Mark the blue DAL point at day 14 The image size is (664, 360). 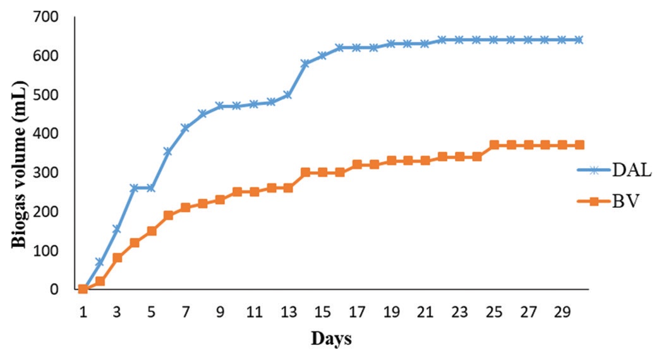click(305, 64)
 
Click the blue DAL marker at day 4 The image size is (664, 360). click(134, 188)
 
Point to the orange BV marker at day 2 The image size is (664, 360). click(100, 281)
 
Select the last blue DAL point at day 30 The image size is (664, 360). click(579, 40)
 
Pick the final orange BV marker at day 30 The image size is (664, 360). click(579, 145)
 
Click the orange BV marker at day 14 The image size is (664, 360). click(305, 172)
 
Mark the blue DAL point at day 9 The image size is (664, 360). click(220, 106)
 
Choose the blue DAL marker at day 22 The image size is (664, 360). click(442, 40)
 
